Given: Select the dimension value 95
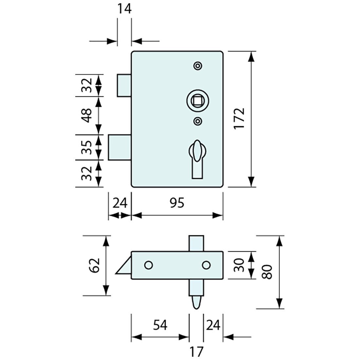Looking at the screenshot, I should click(177, 203).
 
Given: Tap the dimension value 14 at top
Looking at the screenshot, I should click(124, 9).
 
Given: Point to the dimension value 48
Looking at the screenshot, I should click(87, 115).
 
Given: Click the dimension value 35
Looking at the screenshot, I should click(87, 147).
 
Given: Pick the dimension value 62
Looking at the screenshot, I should click(95, 265).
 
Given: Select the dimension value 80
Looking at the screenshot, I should click(267, 272).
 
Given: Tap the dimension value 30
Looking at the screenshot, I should click(239, 265).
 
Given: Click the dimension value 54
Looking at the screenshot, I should click(160, 325).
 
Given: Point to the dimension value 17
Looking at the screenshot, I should click(196, 351).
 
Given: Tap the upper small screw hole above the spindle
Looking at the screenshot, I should click(197, 66).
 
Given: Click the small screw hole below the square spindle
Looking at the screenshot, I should click(197, 121).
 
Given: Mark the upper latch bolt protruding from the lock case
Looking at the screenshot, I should click(124, 85).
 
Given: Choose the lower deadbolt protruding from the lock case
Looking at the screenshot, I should click(120, 147).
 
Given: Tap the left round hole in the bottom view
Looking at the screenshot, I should click(148, 265).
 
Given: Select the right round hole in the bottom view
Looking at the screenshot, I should click(206, 265).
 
